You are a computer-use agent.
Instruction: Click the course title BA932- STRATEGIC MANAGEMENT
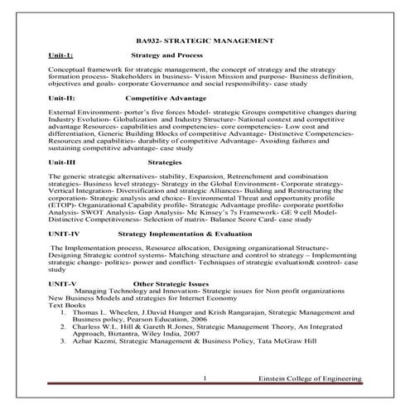point(205,40)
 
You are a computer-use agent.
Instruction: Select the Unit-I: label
point(62,54)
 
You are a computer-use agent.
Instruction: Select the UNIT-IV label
point(65,234)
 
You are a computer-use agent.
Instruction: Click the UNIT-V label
point(63,284)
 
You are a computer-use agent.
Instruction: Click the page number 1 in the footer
point(204,379)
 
